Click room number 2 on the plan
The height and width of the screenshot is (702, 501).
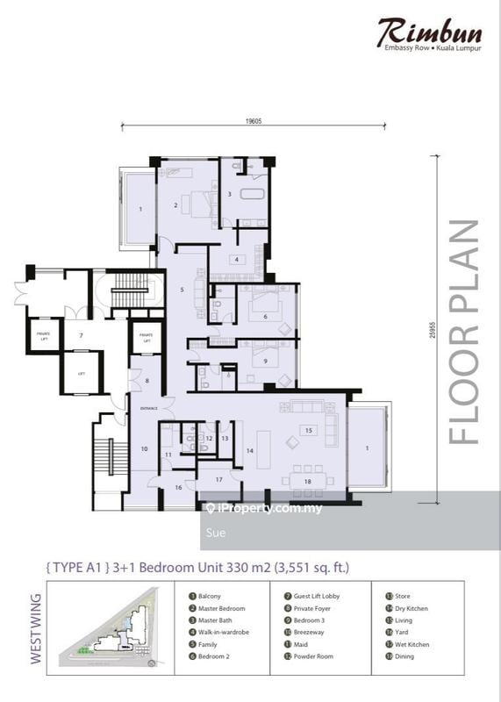176,205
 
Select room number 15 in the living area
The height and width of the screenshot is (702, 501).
307,430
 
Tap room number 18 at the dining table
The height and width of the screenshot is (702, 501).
307,482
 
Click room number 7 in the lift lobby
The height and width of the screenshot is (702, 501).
80,335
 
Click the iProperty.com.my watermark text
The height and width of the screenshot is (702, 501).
268,508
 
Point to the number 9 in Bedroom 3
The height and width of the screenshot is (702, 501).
264,360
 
